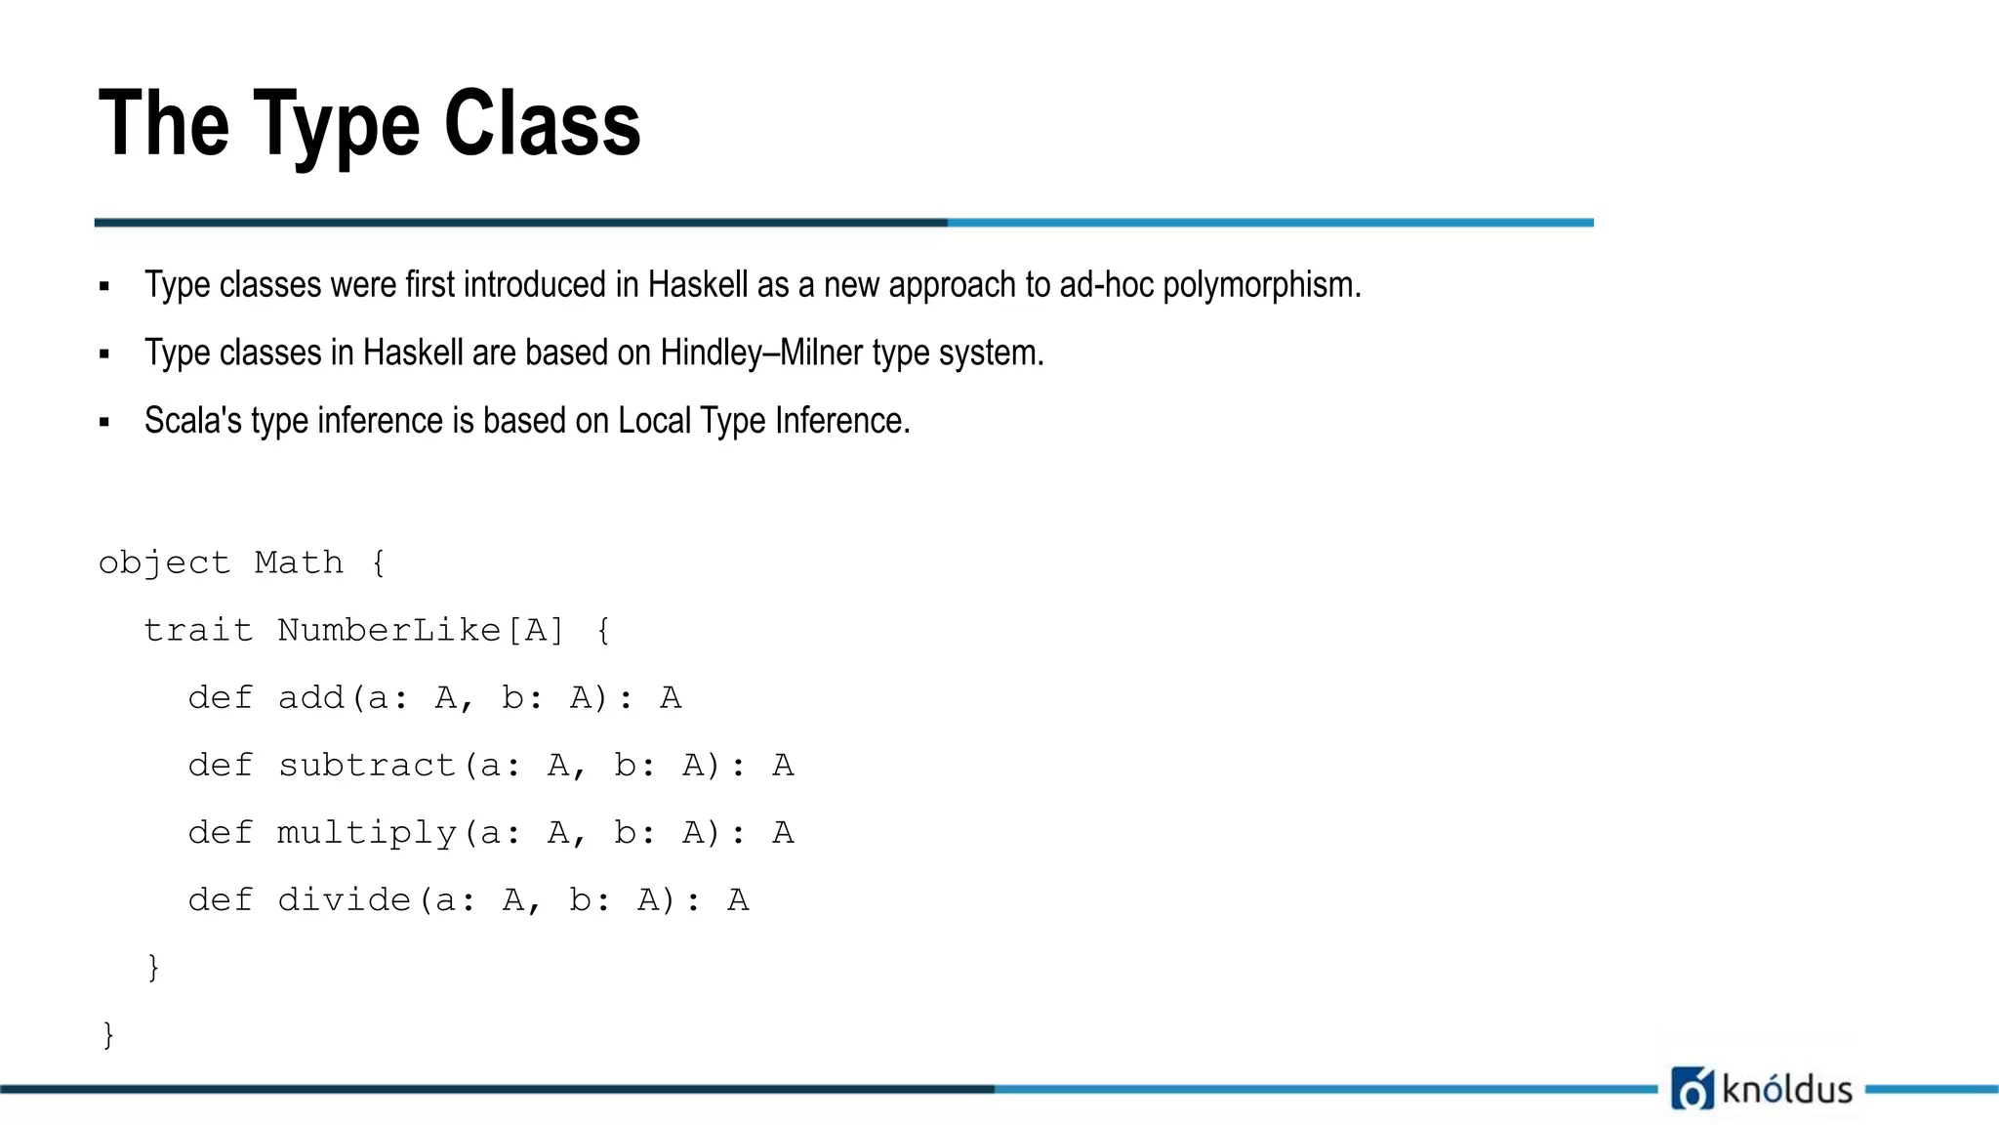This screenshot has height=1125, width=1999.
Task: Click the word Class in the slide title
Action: pos(542,123)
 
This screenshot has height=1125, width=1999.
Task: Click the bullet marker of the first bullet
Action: pos(104,287)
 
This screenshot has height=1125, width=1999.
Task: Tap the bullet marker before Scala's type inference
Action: pos(104,423)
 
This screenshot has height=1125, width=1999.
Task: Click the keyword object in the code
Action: pos(164,563)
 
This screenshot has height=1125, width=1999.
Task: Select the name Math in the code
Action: pos(299,562)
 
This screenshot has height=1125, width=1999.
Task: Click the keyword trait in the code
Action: pos(198,631)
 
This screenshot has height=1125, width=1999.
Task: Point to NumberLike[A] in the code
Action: pos(421,631)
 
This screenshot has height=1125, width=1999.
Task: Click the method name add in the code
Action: pos(311,698)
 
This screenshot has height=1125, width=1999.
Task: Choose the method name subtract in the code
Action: pos(367,766)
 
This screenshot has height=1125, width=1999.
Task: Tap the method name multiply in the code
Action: pos(367,834)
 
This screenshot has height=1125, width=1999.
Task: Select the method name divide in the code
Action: pos(345,900)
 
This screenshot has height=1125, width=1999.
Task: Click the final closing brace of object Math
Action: pos(108,1034)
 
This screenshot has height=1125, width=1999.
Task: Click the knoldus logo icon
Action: pos(1693,1088)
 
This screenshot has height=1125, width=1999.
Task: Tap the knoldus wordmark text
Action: pos(1787,1089)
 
